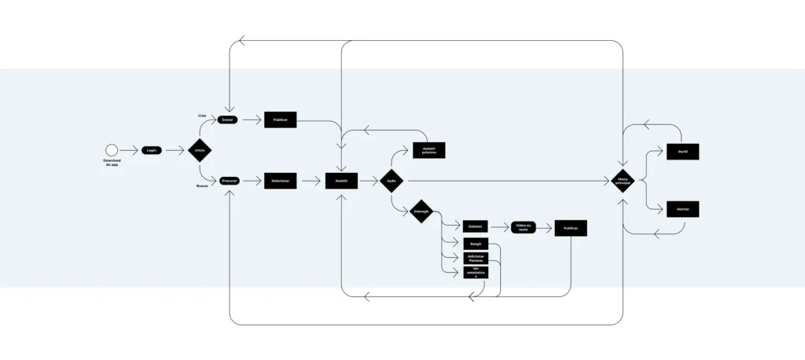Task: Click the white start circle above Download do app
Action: coord(111,149)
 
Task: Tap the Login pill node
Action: coord(152,149)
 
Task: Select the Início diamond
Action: coord(200,149)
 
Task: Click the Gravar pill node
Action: coord(228,120)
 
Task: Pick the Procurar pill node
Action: coord(229,181)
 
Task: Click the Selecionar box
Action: coord(280,181)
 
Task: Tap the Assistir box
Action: coord(341,181)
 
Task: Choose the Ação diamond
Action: coord(391,181)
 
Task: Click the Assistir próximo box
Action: coord(429,149)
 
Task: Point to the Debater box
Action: coord(476,226)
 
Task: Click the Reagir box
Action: coord(476,243)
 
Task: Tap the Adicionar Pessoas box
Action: coord(476,258)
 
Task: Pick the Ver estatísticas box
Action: coord(476,273)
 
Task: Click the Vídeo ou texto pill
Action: coord(524,226)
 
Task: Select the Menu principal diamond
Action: coord(623,181)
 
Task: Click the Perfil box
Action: coord(682,151)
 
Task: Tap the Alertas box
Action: coord(682,209)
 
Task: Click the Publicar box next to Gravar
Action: coord(280,120)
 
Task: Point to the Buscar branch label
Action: coord(202,186)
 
